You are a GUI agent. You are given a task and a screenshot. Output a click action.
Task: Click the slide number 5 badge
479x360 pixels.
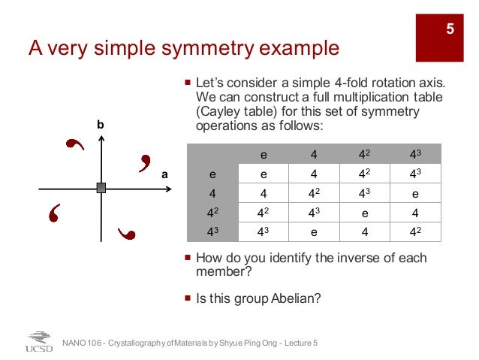coord(450,29)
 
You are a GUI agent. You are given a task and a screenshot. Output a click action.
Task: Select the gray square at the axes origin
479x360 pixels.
coord(101,188)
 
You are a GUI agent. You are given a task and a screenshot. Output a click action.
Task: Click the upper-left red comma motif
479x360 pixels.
coord(74,146)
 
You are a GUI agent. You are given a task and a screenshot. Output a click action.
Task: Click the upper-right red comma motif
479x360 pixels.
coord(145,162)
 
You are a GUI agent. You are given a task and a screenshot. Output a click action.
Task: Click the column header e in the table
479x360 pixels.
coord(264,155)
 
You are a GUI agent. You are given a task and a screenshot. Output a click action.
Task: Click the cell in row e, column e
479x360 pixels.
coord(264,174)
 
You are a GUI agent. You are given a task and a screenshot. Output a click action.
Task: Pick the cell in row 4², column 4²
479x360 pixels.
coord(365,213)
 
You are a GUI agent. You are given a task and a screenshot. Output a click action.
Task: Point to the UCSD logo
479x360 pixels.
coord(38,342)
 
